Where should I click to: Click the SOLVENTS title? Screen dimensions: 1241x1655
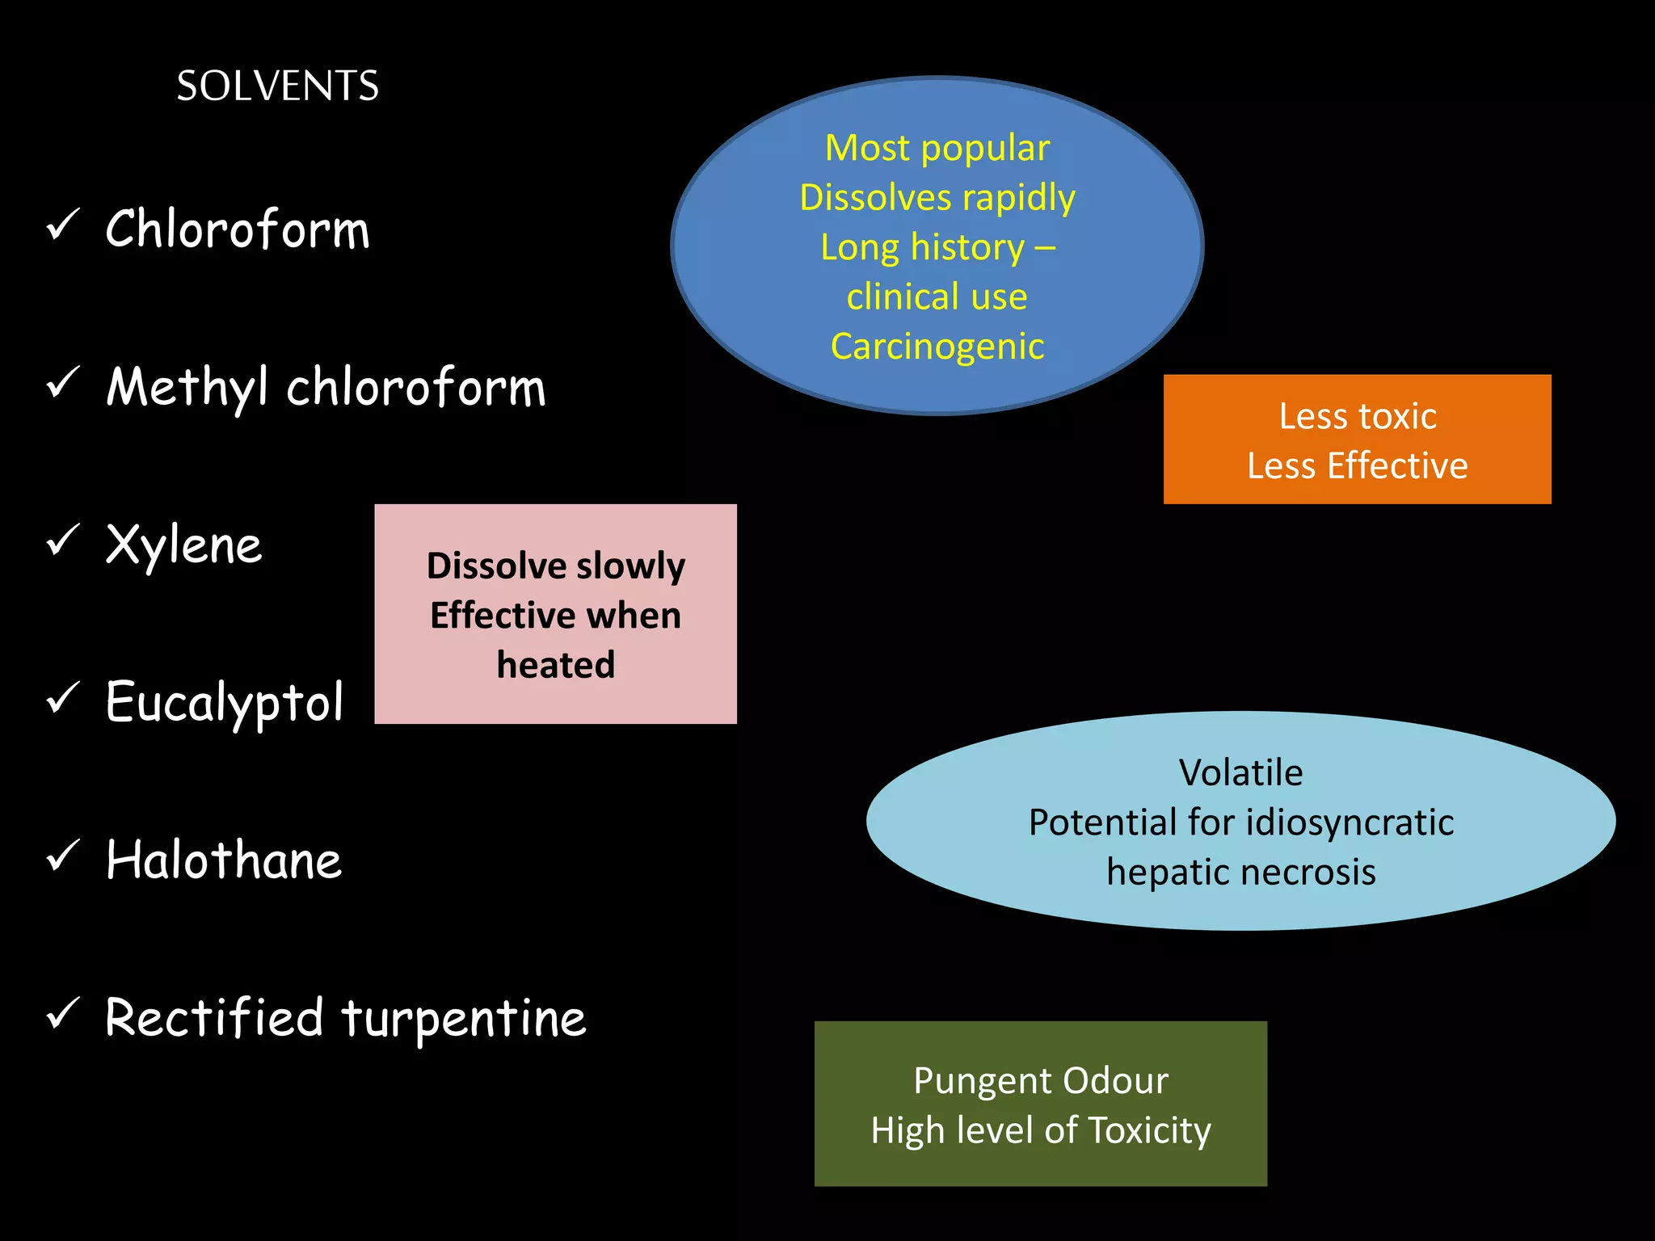coord(277,86)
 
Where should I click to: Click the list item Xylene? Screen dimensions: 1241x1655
coord(184,545)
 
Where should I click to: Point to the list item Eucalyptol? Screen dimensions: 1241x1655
coord(225,702)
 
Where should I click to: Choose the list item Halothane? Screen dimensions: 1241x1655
coord(224,860)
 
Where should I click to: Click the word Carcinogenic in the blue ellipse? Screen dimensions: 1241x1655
coord(937,347)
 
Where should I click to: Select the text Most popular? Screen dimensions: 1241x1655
coord(937,149)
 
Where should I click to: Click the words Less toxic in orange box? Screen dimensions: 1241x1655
coord(1357,417)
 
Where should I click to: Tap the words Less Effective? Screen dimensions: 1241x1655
coord(1357,466)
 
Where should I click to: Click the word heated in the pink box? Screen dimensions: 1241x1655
coord(556,665)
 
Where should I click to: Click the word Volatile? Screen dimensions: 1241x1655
coord(1240,773)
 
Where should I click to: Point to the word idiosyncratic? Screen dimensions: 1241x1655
coord(1350,823)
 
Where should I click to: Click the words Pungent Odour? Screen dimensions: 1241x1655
coord(1041,1081)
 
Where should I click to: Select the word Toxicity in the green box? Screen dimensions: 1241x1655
coord(1149,1130)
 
